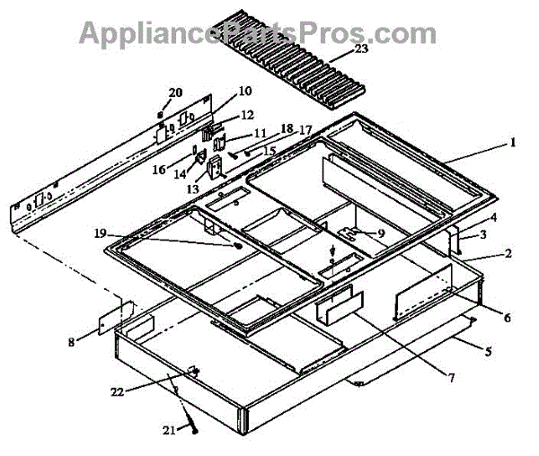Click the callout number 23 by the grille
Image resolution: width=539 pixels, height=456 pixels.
(x=361, y=51)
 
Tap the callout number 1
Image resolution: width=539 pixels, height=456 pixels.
(x=512, y=142)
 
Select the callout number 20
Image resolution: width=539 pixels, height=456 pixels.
(x=175, y=92)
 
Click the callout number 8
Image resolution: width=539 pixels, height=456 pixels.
(x=73, y=340)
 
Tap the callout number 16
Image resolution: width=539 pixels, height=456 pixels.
(x=160, y=169)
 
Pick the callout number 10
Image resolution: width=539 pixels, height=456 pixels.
(x=246, y=92)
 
